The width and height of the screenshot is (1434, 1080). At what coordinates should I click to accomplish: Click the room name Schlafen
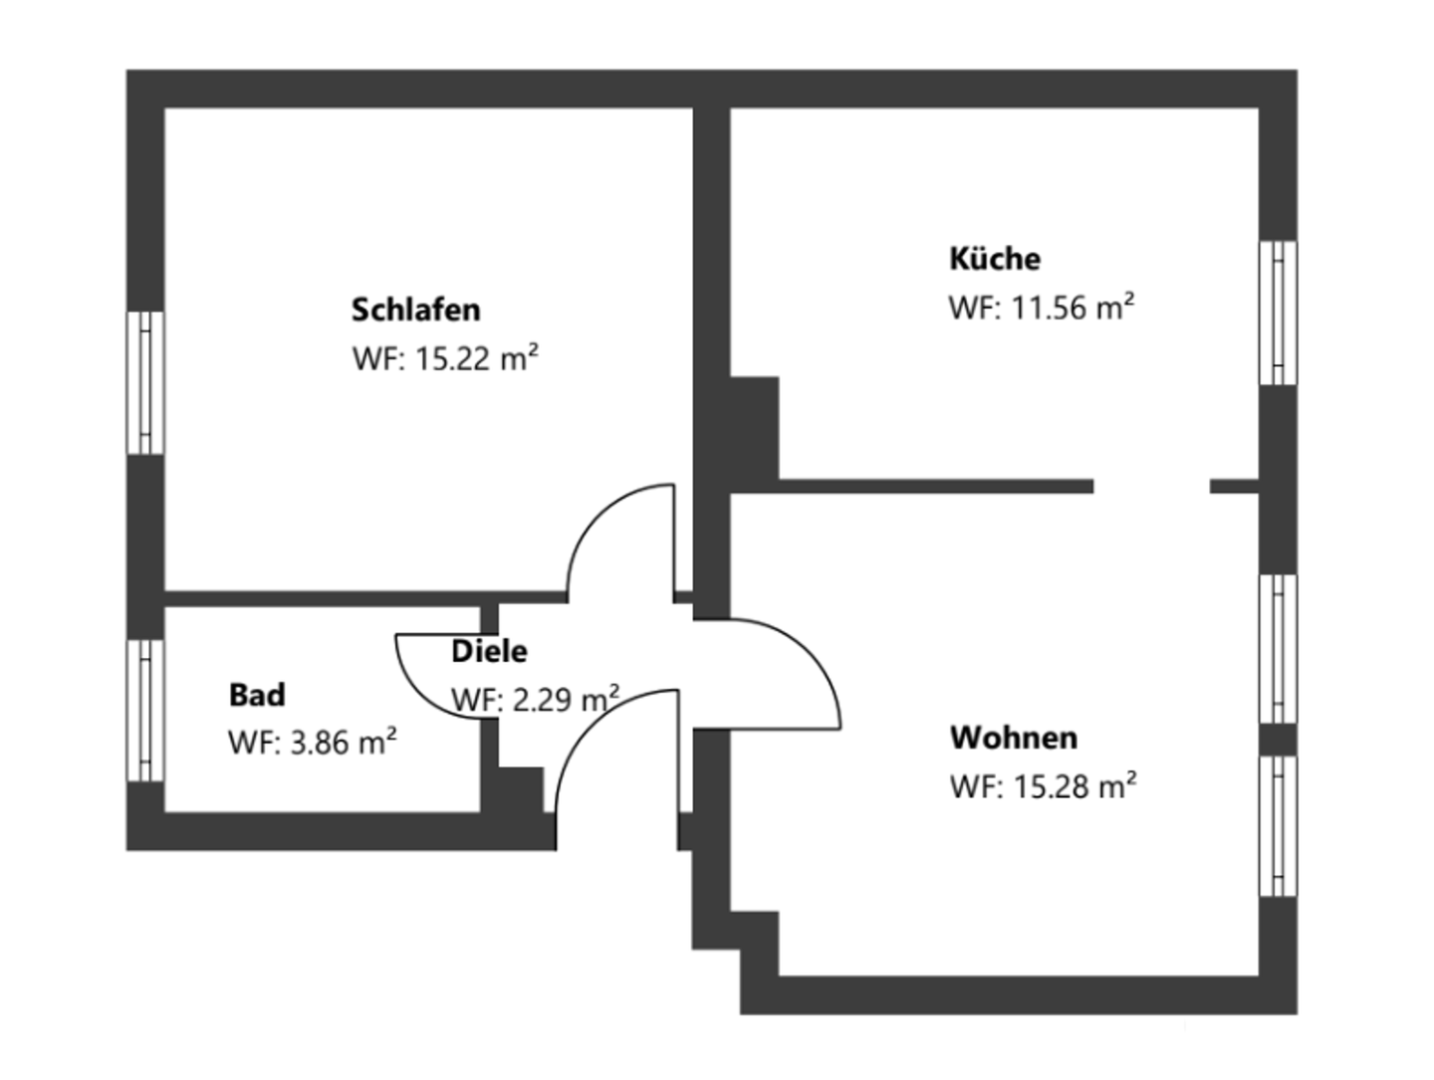coord(415,310)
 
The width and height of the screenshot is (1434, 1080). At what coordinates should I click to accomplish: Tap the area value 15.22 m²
coord(477,358)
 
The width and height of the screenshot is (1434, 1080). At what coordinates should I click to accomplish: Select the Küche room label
coord(994,259)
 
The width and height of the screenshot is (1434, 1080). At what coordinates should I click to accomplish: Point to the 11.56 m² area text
coord(1073,307)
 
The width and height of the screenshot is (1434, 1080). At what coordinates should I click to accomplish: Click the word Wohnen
coord(1014,738)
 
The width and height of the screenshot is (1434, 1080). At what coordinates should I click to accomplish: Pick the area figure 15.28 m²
coord(1075,785)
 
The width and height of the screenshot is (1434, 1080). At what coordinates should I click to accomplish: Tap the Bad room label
coord(257,695)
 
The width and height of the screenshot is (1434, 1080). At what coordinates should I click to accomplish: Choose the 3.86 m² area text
coord(344,743)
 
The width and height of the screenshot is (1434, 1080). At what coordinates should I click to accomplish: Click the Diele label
coord(489,651)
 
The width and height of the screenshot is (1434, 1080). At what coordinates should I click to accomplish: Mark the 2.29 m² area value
coord(566,700)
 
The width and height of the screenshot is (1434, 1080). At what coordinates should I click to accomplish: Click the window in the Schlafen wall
coord(145,382)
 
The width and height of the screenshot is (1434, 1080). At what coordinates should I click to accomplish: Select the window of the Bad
coord(145,711)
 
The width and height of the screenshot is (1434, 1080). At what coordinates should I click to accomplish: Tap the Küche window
coord(1278,313)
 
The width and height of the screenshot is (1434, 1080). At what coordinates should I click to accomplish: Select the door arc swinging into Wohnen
coord(809,652)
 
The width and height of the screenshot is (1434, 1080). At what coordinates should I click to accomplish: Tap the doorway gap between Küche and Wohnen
coord(1152,486)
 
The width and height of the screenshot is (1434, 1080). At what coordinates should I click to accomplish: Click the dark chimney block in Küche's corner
coord(754,428)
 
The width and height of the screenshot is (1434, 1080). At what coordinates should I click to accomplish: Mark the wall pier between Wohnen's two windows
coord(1278,740)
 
